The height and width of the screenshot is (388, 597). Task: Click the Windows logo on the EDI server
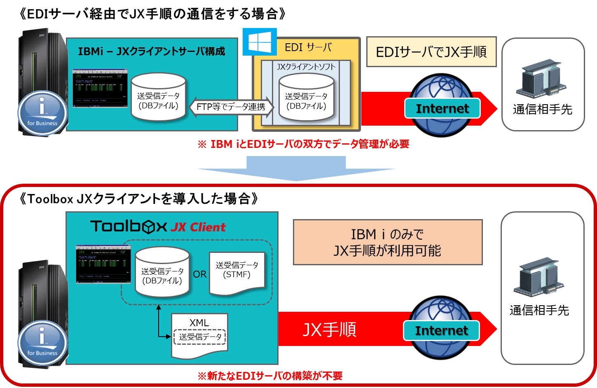260,42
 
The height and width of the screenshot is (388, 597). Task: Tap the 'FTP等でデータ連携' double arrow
231,107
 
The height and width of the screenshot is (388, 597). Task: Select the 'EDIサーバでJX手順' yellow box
431,52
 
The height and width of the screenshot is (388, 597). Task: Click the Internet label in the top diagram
442,108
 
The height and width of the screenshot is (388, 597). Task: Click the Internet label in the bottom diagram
441,330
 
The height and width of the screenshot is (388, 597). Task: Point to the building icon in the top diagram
541,78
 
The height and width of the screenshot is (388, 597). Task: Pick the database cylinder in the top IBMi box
158,98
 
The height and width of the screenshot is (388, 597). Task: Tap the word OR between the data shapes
200,274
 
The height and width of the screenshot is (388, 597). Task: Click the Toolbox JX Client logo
158,227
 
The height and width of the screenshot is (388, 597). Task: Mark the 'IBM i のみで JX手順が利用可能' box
387,242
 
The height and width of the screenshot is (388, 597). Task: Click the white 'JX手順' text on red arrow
329,330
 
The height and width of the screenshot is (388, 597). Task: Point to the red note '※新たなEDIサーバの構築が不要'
270,376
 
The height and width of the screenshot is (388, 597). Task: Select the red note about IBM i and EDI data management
303,144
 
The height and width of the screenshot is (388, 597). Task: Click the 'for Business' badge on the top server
42,112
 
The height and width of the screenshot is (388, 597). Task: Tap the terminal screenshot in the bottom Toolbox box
103,264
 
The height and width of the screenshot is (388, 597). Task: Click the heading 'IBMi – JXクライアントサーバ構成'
152,51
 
